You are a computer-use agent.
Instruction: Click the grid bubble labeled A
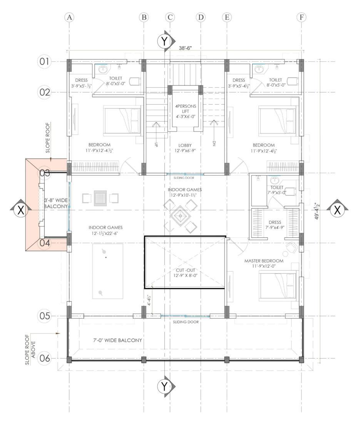tap(69, 17)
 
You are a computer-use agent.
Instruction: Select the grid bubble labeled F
tap(301, 17)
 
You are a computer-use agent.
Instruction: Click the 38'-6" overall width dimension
tap(185, 48)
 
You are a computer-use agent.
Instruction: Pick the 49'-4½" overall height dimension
tap(317, 211)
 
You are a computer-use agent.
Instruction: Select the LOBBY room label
tap(185, 145)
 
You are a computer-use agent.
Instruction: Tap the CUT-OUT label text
tap(185, 270)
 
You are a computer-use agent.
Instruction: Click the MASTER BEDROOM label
tap(264, 261)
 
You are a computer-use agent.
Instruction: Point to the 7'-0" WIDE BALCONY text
tap(117, 340)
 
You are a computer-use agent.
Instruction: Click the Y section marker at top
tap(164, 42)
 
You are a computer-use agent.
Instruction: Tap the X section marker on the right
tap(338, 210)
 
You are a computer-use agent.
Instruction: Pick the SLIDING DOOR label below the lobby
tap(184, 178)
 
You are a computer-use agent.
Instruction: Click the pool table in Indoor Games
tap(107, 271)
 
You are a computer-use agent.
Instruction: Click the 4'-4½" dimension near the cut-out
tap(149, 300)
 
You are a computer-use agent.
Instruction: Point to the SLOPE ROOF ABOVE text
tap(30, 349)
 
